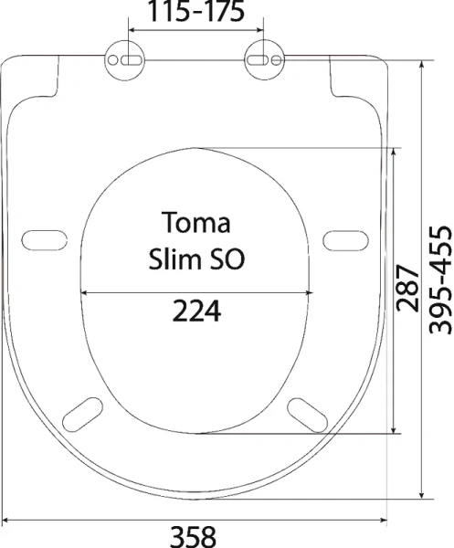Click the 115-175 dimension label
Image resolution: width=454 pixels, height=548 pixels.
(x=195, y=11)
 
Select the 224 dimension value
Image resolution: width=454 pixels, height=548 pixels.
(x=196, y=311)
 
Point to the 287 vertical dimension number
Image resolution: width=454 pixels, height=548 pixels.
(x=407, y=289)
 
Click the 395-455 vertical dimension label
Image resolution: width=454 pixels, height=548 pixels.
(x=440, y=280)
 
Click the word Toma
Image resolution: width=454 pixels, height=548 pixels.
(x=196, y=223)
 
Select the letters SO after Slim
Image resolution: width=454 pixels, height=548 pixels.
(x=227, y=259)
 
